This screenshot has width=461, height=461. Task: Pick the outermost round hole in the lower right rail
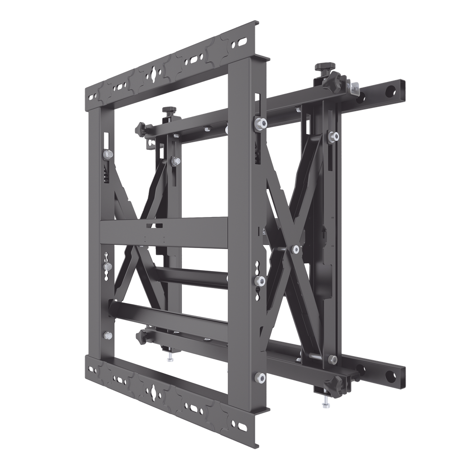[x=398, y=373]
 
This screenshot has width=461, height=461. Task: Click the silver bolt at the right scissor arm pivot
[x=295, y=249]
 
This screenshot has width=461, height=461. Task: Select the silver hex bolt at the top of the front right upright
[x=259, y=123]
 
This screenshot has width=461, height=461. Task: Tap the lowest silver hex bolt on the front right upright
[x=259, y=376]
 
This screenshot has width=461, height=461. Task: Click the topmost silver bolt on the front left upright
[x=108, y=154]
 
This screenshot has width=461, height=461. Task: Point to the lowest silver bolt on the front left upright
[x=108, y=335]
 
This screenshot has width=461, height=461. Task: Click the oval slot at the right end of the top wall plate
[x=242, y=42]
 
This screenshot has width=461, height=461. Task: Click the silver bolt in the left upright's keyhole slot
[x=108, y=267]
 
